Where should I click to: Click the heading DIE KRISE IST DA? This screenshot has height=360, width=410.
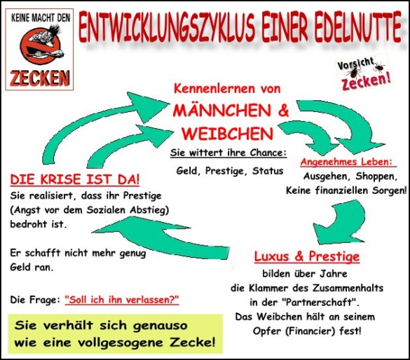75,180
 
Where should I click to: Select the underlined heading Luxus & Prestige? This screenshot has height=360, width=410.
307,256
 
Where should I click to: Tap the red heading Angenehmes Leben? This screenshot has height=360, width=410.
348,162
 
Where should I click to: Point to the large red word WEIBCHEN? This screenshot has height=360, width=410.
228,134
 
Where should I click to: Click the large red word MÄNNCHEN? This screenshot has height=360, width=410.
222,111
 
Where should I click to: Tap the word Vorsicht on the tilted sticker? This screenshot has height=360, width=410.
355,64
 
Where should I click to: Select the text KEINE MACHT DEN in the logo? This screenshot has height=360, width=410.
41,18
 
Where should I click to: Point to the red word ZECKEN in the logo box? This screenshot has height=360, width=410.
40,78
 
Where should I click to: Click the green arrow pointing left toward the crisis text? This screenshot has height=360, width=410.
160,239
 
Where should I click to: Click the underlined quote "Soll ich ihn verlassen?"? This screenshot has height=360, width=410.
122,300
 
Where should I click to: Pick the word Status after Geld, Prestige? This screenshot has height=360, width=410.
268,171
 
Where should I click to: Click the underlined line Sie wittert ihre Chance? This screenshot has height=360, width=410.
228,153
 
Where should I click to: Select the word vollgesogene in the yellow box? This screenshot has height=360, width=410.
121,342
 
